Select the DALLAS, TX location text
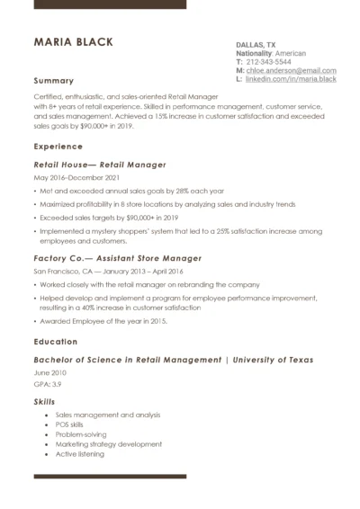(256, 44)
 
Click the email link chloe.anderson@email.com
(292, 70)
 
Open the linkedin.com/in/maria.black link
(291, 79)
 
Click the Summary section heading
(53, 80)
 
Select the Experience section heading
(58, 146)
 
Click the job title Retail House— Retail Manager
(100, 165)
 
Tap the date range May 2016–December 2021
(76, 178)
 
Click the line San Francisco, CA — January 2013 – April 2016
(108, 271)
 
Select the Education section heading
(56, 342)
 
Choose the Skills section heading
(44, 401)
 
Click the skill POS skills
(76, 424)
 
